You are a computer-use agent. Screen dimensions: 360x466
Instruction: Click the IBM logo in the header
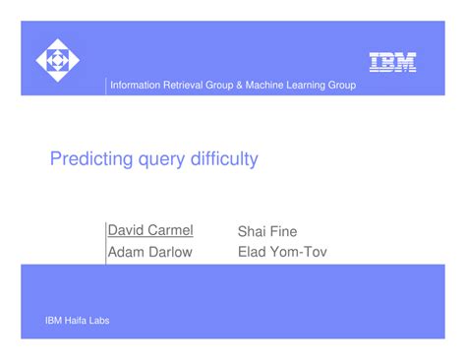click(392, 62)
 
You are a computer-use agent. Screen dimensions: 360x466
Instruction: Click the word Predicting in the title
click(89, 158)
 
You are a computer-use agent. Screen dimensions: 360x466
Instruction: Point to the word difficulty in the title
click(223, 158)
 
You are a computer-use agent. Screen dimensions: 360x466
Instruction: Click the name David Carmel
click(150, 230)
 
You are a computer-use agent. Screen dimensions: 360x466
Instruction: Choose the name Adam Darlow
click(150, 252)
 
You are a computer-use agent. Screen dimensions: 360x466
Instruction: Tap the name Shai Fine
click(267, 231)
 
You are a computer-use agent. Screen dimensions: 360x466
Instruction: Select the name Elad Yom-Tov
click(282, 252)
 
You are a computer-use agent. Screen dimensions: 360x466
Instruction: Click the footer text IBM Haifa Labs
click(78, 321)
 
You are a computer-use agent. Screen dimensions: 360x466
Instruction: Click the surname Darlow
click(172, 252)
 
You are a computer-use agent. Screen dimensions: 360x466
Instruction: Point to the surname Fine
click(283, 231)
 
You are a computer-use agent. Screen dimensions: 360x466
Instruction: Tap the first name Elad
click(253, 252)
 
